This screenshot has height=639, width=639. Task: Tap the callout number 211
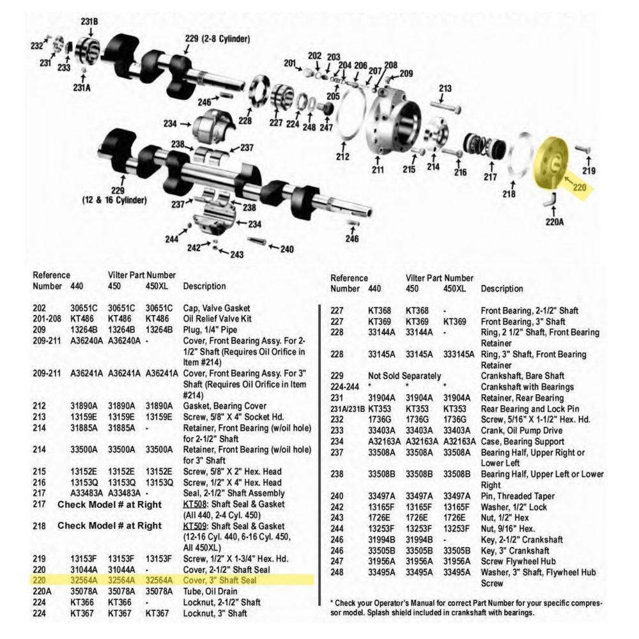tap(378, 171)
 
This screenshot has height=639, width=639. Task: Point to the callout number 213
tap(445, 89)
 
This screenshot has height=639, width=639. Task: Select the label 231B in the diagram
tap(89, 22)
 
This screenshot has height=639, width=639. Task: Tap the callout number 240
tap(288, 248)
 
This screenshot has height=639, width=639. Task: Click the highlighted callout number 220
tap(579, 188)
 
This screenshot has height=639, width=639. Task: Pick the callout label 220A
tap(554, 223)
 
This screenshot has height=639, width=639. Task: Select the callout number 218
tap(509, 194)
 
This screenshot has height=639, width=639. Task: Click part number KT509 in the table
tap(193, 525)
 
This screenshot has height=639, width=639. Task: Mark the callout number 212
tap(343, 156)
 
